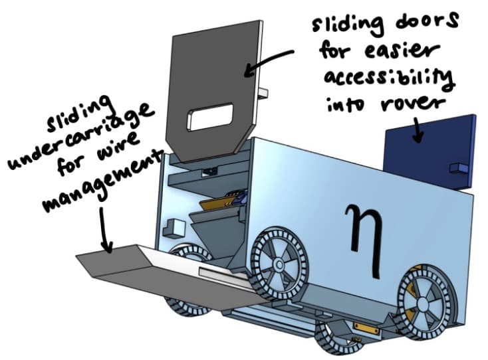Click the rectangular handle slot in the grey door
click(x=210, y=117)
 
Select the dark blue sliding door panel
click(x=431, y=151)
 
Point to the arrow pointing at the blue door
click(x=418, y=129)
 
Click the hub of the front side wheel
click(x=279, y=265)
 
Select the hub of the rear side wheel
click(x=424, y=302)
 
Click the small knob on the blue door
click(x=459, y=168)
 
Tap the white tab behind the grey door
click(x=263, y=93)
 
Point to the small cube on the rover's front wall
click(x=173, y=227)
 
